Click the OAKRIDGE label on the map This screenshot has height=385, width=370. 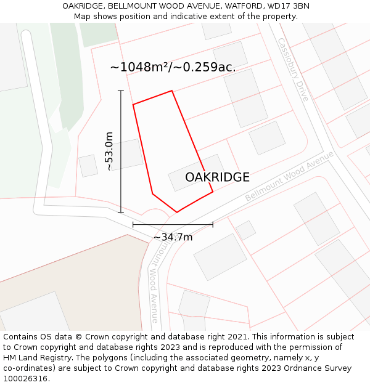click(217, 177)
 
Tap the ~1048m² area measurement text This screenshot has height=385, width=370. click(139, 67)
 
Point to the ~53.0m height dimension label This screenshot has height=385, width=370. click(109, 152)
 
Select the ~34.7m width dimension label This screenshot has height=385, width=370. click(173, 237)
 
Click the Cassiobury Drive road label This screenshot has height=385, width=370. click(292, 70)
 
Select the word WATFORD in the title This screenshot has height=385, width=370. click(239, 6)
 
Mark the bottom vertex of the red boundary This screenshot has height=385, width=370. click(177, 213)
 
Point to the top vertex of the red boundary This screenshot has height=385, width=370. click(171, 91)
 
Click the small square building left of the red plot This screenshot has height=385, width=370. click(88, 166)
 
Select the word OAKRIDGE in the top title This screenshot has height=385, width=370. click(83, 6)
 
